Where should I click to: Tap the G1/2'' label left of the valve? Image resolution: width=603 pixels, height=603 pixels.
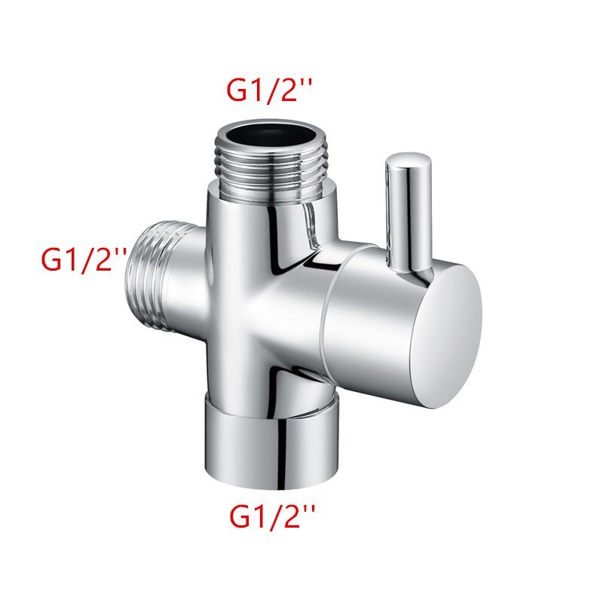click(x=83, y=260)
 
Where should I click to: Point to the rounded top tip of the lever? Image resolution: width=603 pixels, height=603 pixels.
click(x=409, y=161)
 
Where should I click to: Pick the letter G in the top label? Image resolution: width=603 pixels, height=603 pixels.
click(x=240, y=91)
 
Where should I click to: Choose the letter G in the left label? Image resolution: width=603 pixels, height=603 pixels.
click(x=53, y=261)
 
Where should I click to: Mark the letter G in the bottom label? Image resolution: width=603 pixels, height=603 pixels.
click(x=243, y=518)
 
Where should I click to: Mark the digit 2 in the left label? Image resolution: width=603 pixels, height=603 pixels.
click(x=101, y=261)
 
